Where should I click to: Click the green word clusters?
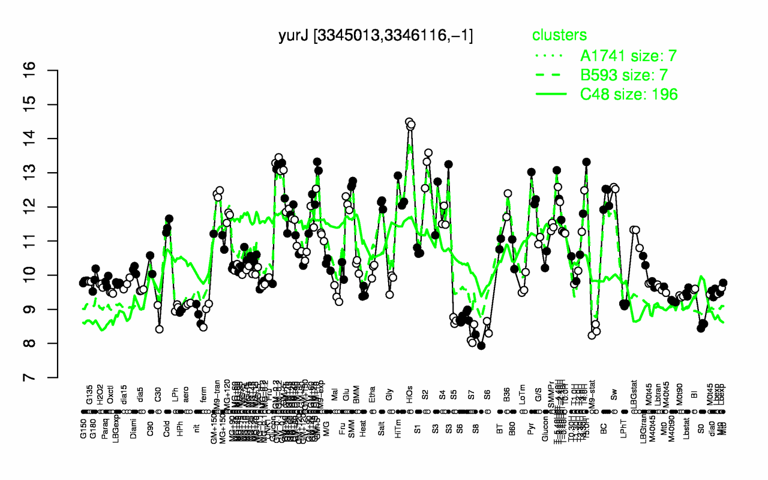(x=559, y=35)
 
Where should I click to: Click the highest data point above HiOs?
(x=409, y=122)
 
